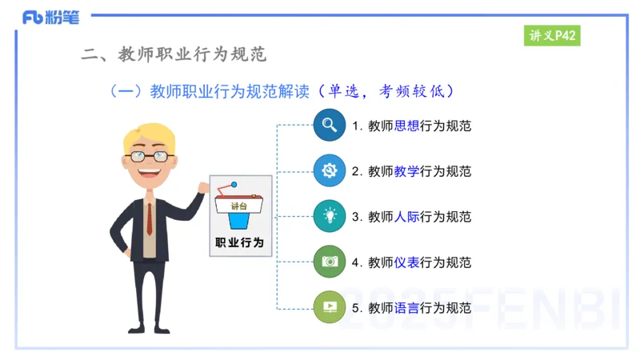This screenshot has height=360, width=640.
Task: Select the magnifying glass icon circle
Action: tap(329, 126)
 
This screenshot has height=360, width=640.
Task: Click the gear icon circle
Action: tap(329, 170)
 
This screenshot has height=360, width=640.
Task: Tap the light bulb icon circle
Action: tap(329, 216)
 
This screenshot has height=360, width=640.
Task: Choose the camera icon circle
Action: tap(329, 262)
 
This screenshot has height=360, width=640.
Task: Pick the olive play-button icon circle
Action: tap(329, 307)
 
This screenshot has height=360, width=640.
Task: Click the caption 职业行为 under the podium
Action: tap(239, 242)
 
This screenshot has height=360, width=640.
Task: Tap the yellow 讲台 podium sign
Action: tap(239, 206)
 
